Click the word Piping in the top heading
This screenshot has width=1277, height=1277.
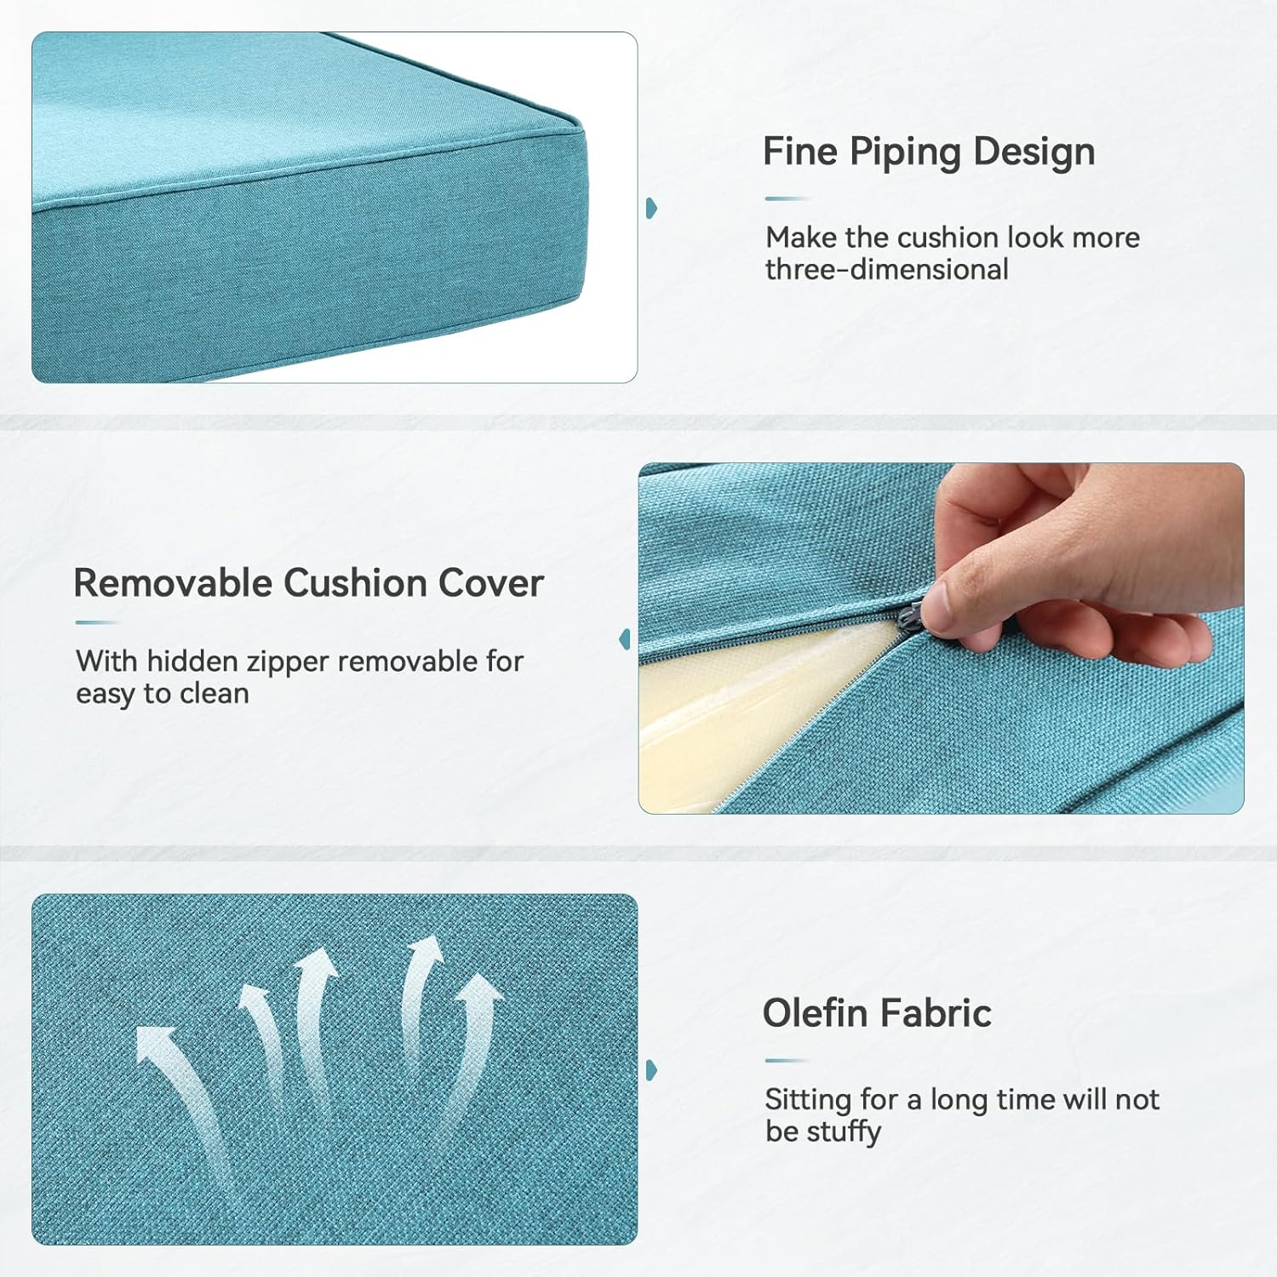coord(906,153)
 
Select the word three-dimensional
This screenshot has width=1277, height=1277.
coord(886,270)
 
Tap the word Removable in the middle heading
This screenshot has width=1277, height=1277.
coord(173,584)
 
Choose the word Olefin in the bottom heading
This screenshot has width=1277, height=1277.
coord(816,1013)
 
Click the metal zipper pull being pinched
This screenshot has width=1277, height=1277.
coord(913,615)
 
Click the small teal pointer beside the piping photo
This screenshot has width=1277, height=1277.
coord(651,208)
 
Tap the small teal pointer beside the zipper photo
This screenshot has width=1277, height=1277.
coord(626,638)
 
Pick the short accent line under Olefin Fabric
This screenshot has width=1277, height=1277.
coord(786,1061)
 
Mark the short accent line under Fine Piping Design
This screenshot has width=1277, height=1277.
coord(786,198)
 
